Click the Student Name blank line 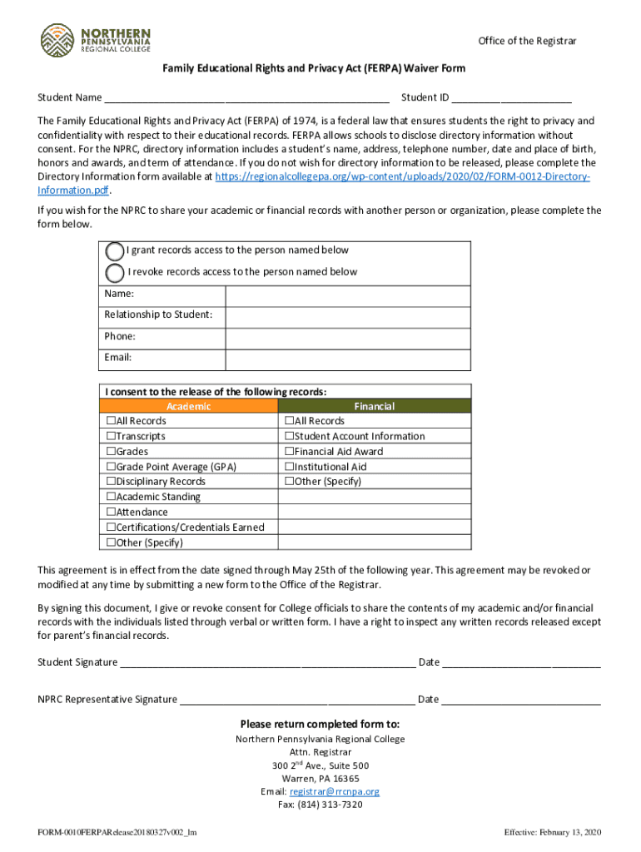point(246,97)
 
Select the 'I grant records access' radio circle point(115,250)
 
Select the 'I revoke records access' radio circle point(115,272)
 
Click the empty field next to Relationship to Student point(348,315)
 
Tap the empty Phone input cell point(348,337)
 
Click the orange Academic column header point(189,406)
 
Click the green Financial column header point(374,406)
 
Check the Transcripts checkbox point(111,436)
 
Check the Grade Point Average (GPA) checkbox point(111,467)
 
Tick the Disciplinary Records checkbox point(111,482)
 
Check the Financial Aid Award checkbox point(289,452)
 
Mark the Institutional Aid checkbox point(289,467)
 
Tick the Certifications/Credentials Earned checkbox point(111,528)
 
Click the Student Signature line point(266,662)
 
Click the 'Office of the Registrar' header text point(526,42)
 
